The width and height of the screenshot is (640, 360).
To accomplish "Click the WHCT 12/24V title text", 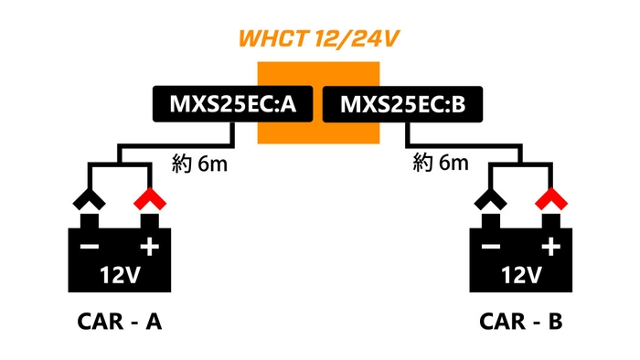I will point(319,39).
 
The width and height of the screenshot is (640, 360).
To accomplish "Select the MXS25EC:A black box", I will point(232,104).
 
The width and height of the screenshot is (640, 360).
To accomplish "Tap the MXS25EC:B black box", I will point(403,104).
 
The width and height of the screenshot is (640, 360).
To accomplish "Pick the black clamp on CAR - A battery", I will point(89,199).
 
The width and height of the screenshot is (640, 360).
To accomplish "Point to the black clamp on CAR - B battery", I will point(491,199).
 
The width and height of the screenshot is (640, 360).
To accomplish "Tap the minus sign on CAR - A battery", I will point(89,248).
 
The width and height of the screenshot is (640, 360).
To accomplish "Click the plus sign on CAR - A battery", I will point(147,247).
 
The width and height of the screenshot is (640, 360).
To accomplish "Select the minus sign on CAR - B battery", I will point(491,248).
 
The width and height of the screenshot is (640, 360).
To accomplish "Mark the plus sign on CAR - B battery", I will point(549,247).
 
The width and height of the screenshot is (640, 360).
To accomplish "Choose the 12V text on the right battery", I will point(520,273).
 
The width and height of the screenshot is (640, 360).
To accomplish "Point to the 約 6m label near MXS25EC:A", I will point(199,164).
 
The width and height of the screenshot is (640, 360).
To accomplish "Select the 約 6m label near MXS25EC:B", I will point(441,164).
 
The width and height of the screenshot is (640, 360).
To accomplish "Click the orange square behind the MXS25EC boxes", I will point(319,133).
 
